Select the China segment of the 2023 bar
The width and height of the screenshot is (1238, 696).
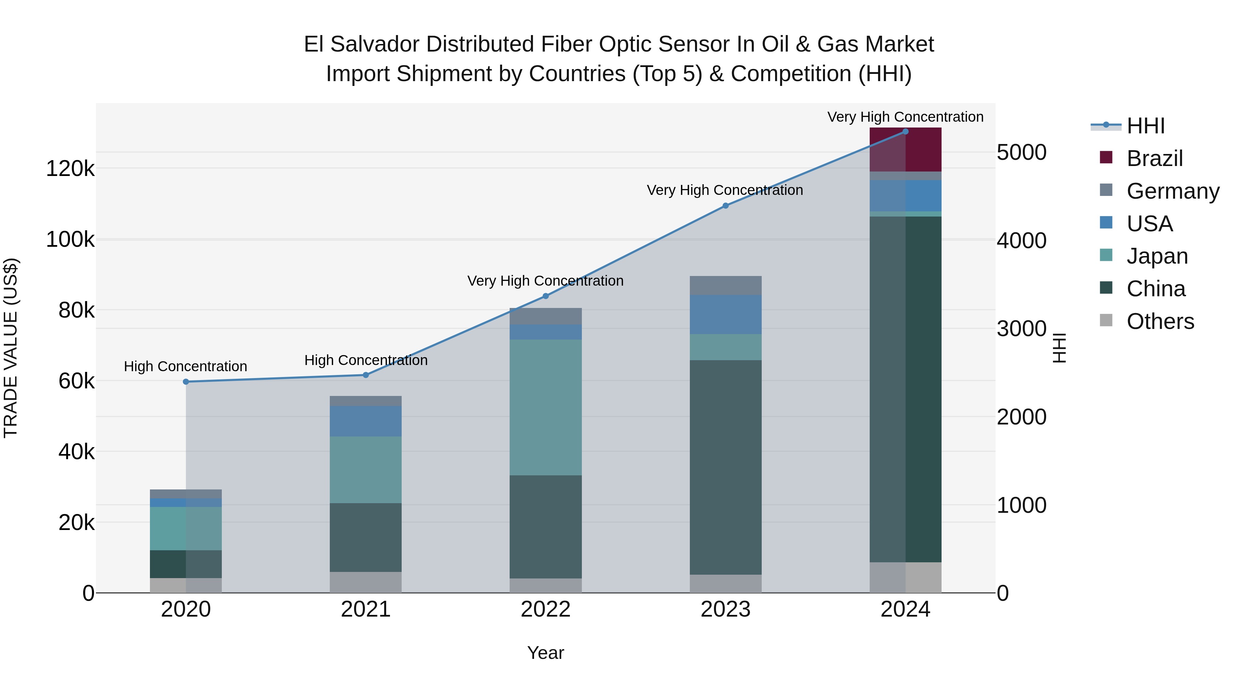[x=725, y=467]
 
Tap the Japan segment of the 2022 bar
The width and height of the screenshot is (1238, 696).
[x=545, y=407]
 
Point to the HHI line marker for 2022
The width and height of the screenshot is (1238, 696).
[x=545, y=296]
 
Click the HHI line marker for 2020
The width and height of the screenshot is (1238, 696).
[x=186, y=382]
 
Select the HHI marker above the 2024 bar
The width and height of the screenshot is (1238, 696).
[x=905, y=131]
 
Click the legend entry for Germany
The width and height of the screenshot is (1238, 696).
[x=1173, y=191]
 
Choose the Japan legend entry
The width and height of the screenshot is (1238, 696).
[x=1157, y=256]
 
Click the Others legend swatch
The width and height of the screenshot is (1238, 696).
[x=1106, y=320]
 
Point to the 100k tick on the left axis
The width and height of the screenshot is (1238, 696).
[x=70, y=239]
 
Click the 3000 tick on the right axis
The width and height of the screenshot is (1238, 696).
[x=1021, y=329]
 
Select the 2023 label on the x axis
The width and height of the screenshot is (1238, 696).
[x=725, y=609]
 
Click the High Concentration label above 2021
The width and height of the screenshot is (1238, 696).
[x=366, y=360]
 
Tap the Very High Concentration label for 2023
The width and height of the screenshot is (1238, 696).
[x=725, y=190]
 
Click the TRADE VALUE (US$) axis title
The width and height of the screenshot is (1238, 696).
[x=11, y=348]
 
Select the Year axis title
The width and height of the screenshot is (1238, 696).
[x=545, y=653]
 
